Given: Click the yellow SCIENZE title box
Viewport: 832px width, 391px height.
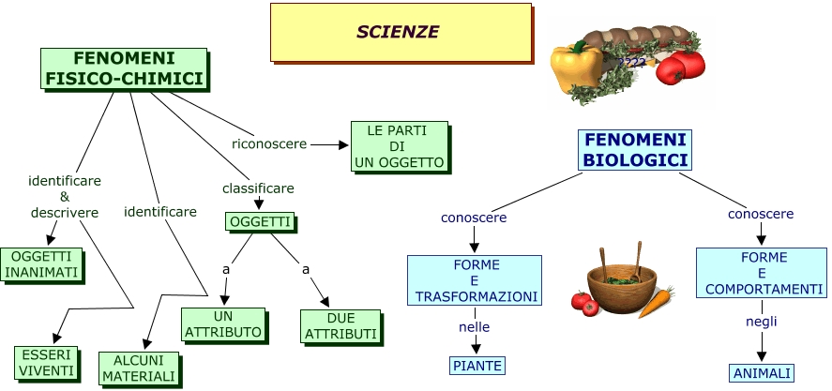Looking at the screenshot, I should (x=398, y=32).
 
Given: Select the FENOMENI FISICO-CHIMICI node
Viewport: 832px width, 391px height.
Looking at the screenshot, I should (x=124, y=68).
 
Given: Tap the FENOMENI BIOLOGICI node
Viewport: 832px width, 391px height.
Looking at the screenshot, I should (x=635, y=150).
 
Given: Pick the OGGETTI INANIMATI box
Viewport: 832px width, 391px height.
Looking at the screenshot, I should (x=41, y=264).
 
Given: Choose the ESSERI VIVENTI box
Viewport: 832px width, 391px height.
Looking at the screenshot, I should (x=43, y=363).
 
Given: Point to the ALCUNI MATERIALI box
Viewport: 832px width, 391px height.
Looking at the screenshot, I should (x=139, y=368).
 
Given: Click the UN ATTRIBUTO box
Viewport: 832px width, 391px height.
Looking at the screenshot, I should (x=223, y=323).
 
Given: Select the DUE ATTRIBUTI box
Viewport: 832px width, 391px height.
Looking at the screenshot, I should (x=340, y=325).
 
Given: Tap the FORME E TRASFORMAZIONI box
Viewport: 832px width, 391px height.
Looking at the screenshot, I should (x=475, y=280).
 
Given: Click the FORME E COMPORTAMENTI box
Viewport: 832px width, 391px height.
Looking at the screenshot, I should (x=761, y=273).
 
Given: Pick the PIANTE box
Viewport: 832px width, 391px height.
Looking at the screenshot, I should (x=477, y=365).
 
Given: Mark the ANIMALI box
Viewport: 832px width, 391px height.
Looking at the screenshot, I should (x=762, y=372).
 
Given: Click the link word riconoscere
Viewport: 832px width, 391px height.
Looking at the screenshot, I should (x=269, y=143).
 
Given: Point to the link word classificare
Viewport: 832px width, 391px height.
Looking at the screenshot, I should (x=258, y=188).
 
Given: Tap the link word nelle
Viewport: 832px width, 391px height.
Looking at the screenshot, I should (x=475, y=326).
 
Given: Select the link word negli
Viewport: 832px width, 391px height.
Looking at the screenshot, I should (x=762, y=322).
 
